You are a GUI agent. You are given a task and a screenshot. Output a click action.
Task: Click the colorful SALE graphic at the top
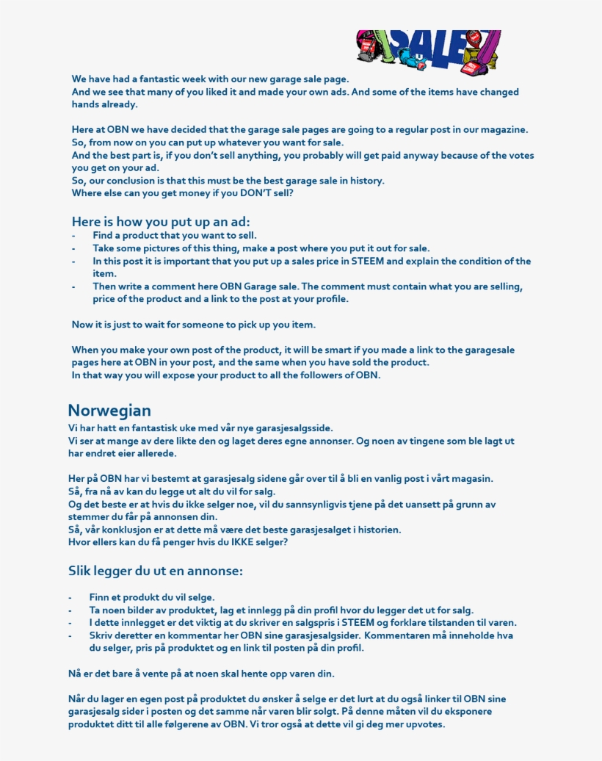(x=428, y=51)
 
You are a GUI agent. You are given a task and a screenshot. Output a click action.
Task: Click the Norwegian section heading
(x=109, y=410)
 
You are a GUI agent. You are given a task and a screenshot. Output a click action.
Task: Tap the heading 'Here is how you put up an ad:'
(x=161, y=221)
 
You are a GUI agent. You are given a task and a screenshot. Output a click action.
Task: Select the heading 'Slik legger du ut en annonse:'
(x=155, y=571)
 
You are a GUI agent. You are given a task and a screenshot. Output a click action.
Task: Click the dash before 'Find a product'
(x=73, y=236)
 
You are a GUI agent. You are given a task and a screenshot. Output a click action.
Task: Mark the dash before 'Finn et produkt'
(x=70, y=598)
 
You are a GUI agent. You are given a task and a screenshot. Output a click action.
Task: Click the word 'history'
(x=364, y=181)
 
